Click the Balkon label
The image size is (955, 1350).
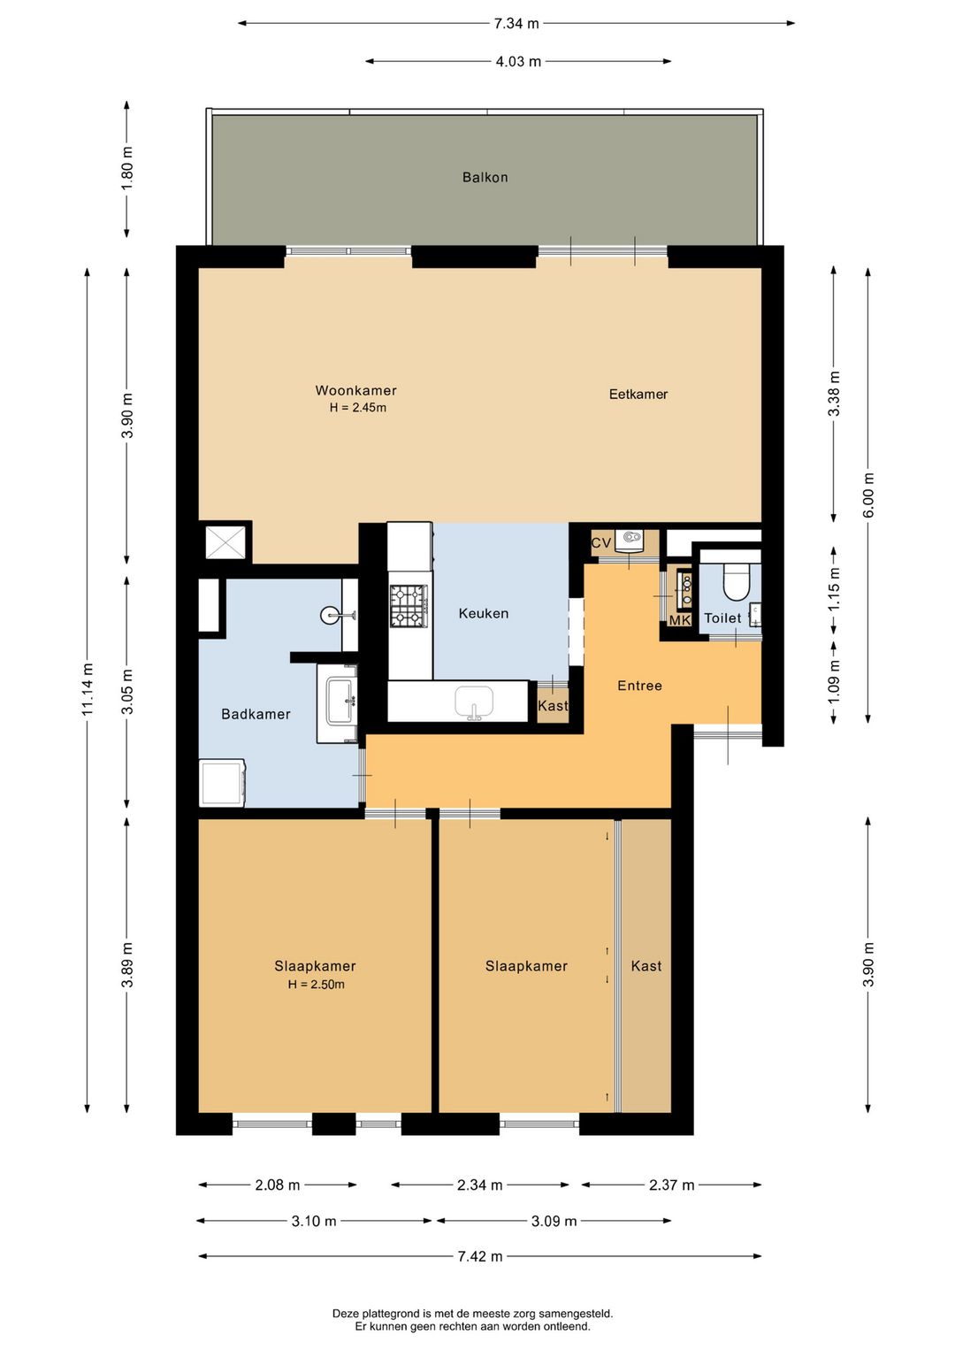pos(485,177)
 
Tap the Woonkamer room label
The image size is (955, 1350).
pos(356,390)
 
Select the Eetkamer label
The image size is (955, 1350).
pos(638,395)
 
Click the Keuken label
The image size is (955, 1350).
pos(483,614)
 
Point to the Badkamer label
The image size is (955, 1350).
pos(256,714)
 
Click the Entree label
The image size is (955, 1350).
pos(639,686)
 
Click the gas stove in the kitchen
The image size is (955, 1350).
pos(409,605)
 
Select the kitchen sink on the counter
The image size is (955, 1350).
pos(474,702)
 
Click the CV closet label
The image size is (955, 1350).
pos(600,543)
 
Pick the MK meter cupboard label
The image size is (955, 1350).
pos(680,620)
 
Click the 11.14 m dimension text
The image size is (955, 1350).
pos(88,689)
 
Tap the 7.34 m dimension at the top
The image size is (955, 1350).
pos(516,24)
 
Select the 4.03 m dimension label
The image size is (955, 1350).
pos(518,61)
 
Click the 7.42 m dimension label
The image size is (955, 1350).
pos(479,1256)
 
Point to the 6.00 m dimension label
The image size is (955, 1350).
pos(868,495)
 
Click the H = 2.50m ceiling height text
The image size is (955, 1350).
pos(317,985)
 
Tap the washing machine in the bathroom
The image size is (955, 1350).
pos(222,782)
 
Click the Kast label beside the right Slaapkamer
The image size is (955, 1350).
pos(646,966)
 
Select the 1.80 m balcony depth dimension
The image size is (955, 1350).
pos(127,168)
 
